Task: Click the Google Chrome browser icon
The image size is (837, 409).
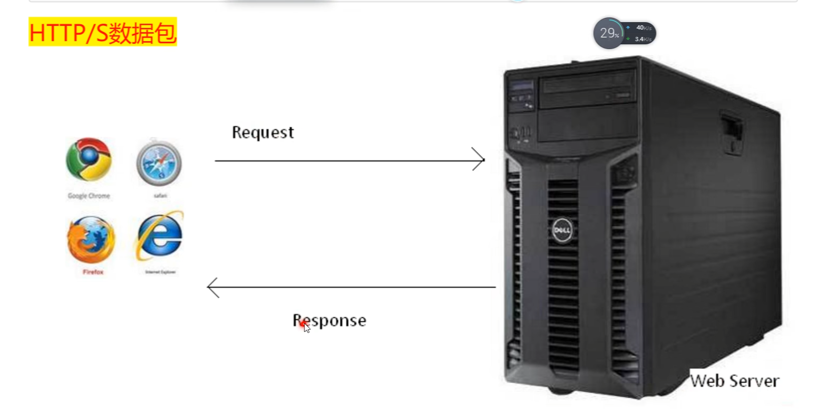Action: (x=89, y=159)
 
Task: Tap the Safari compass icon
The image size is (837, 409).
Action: (x=159, y=164)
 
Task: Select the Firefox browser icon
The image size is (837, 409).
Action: (x=91, y=240)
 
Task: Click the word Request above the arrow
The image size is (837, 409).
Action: (x=262, y=132)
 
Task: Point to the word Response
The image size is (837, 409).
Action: (x=329, y=320)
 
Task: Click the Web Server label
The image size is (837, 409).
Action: (x=734, y=381)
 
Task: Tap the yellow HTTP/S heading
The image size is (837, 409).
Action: (x=102, y=32)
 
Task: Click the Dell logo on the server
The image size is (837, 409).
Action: (x=561, y=230)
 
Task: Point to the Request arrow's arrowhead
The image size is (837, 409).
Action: (x=479, y=159)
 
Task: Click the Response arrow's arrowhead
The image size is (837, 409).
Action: (x=212, y=288)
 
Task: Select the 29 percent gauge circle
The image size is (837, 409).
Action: (x=609, y=33)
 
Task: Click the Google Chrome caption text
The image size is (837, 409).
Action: (x=89, y=196)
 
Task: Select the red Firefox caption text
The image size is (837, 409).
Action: (x=93, y=272)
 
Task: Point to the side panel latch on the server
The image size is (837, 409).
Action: (x=732, y=132)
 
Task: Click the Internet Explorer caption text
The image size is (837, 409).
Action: (x=160, y=272)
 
